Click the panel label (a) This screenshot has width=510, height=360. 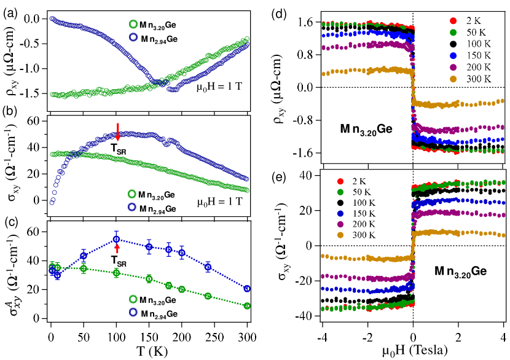(x=11, y=9)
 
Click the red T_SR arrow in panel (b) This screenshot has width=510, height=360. (x=117, y=130)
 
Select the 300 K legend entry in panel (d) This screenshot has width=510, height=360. (x=468, y=78)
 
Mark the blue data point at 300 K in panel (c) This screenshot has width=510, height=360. (x=247, y=288)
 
